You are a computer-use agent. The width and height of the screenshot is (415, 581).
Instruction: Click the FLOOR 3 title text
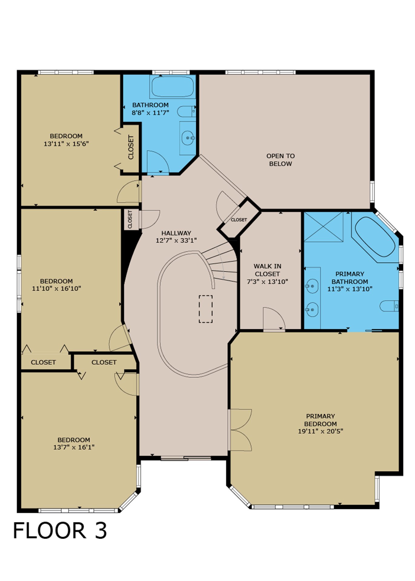(x=60, y=530)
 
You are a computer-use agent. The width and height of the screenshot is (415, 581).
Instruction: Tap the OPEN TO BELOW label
(x=281, y=160)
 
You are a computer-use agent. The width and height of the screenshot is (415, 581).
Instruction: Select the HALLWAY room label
(x=176, y=233)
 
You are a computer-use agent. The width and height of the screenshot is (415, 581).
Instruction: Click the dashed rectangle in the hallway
(x=206, y=309)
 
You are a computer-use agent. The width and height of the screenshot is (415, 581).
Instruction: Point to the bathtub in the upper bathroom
(x=173, y=87)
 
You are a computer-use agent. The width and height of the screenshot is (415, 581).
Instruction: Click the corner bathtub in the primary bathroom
(x=375, y=237)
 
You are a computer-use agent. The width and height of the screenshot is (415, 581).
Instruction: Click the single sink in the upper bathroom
(x=188, y=138)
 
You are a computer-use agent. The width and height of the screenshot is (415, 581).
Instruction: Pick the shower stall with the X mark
(x=324, y=227)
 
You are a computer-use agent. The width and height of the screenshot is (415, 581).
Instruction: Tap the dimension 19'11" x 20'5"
(x=321, y=431)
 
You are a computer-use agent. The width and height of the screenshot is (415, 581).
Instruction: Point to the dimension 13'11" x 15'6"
(x=66, y=144)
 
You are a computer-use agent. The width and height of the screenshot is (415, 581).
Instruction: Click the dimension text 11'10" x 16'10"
(x=57, y=288)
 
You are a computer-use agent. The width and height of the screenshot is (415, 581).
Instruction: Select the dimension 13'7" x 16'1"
(x=74, y=447)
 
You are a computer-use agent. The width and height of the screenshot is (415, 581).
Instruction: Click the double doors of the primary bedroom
(x=240, y=430)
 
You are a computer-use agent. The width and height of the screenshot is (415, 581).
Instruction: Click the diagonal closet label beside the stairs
(x=239, y=220)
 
